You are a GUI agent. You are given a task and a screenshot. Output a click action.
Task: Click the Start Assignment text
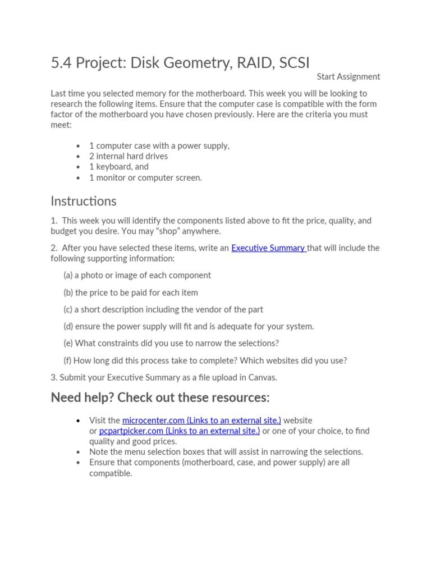click(348, 76)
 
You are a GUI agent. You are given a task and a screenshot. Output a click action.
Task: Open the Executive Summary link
click(268, 248)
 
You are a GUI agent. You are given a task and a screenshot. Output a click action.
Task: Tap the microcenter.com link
click(201, 420)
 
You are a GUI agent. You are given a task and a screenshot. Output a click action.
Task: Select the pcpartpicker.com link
click(179, 431)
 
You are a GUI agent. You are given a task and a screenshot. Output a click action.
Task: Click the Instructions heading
click(84, 201)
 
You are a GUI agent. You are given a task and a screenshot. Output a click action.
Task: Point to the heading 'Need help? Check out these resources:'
click(160, 398)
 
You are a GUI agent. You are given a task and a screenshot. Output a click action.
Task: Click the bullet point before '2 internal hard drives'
click(79, 157)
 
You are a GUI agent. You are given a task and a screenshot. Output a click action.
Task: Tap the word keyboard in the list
click(114, 167)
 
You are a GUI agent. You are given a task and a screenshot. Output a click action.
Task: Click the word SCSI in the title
click(292, 63)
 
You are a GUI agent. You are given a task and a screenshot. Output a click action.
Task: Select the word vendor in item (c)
click(205, 309)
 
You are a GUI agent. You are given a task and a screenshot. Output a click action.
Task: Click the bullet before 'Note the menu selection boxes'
click(79, 452)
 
